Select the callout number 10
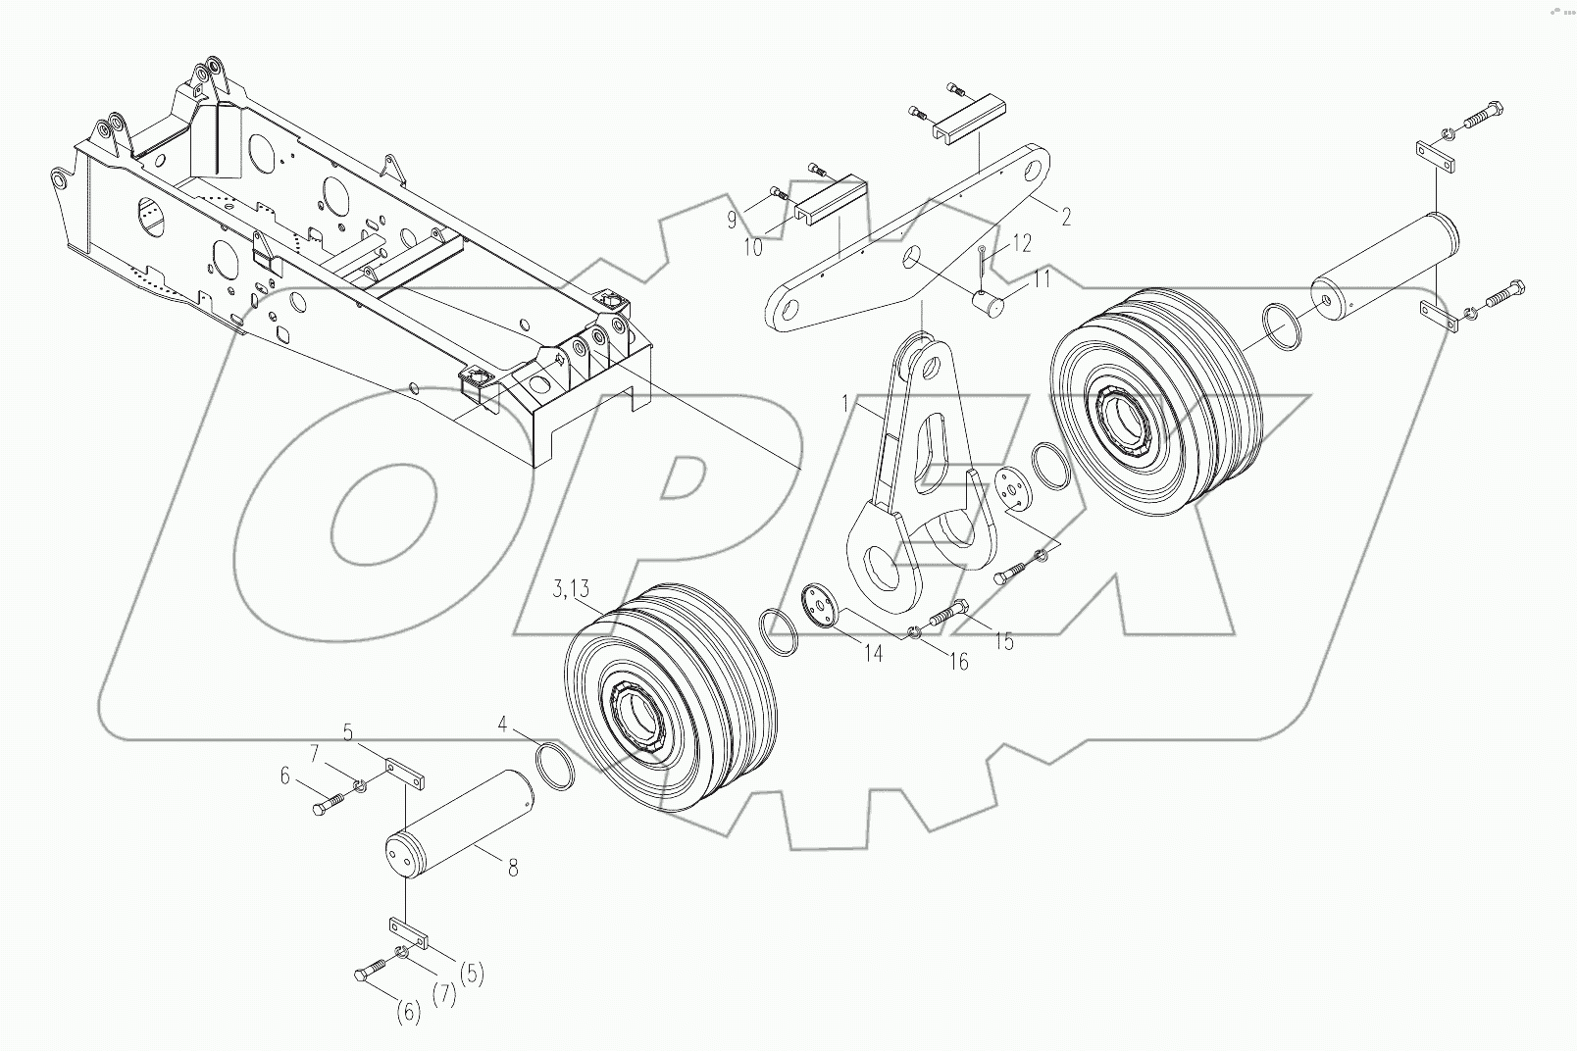click(x=752, y=247)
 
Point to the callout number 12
click(x=1022, y=244)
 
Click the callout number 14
click(x=873, y=653)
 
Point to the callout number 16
click(x=957, y=662)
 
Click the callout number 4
click(x=503, y=726)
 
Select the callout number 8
click(x=512, y=867)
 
